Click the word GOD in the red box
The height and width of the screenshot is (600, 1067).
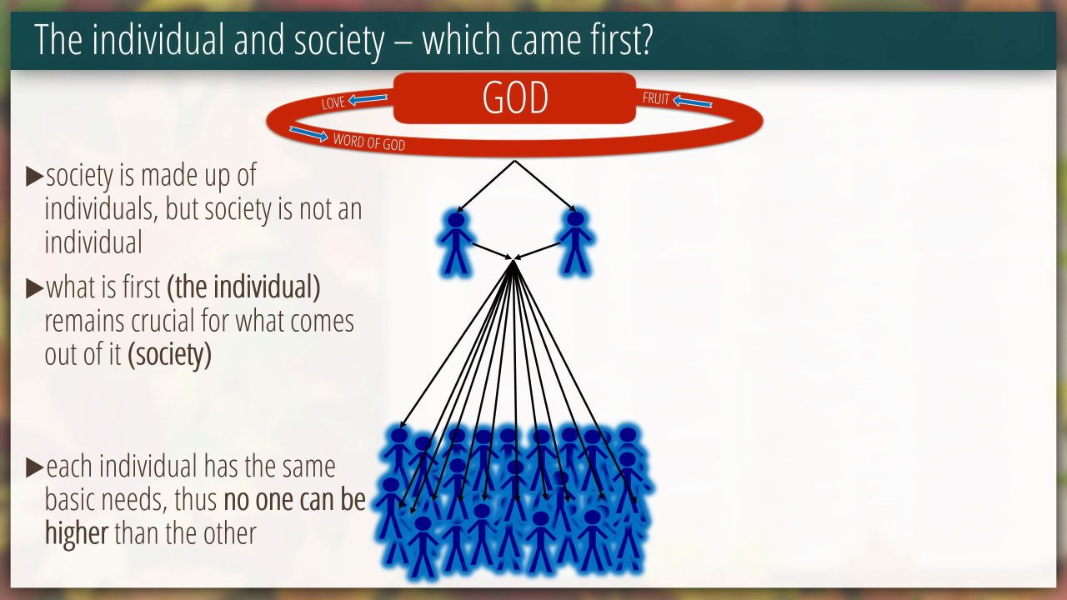[x=515, y=97]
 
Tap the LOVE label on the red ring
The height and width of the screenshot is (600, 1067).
[x=333, y=102]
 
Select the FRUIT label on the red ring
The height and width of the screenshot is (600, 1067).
[x=656, y=98]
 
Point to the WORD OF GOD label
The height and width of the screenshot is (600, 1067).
[x=369, y=142]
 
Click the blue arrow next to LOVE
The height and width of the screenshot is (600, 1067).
[x=368, y=99]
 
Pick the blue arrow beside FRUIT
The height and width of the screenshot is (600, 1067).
[x=693, y=102]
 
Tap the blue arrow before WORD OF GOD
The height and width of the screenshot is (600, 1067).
[x=308, y=134]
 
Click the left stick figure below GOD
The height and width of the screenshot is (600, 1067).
[x=456, y=243]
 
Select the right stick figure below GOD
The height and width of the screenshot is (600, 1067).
[x=575, y=243]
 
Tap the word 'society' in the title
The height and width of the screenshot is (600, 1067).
[x=338, y=42]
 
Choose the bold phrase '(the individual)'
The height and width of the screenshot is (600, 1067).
[x=243, y=287]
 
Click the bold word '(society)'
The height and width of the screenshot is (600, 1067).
[x=169, y=354]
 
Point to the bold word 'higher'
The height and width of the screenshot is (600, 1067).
[x=76, y=534]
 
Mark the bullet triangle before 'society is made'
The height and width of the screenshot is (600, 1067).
[x=35, y=176]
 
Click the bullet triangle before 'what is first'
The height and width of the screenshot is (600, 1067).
[x=35, y=288]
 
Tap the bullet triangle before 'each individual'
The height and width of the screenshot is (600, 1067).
[x=35, y=467]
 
